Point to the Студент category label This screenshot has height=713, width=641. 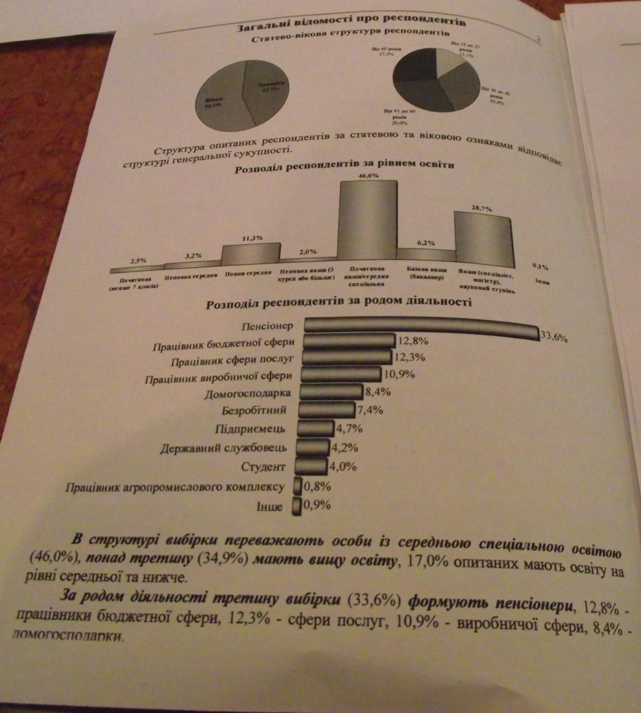(263, 467)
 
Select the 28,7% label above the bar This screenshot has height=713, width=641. (482, 209)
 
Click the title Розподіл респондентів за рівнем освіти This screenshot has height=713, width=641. (344, 166)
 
